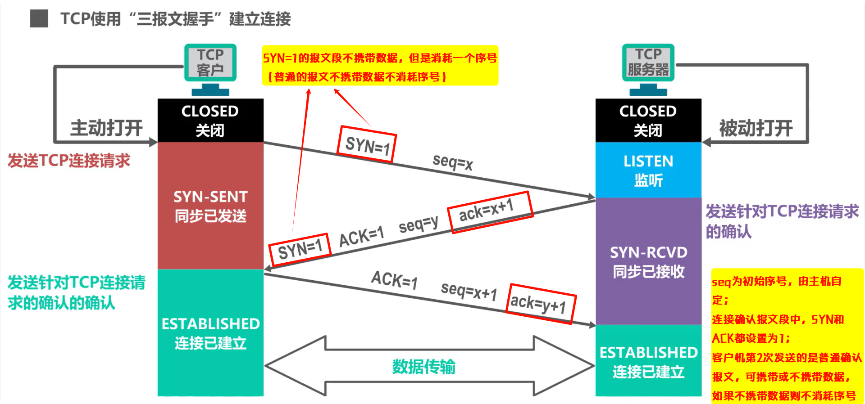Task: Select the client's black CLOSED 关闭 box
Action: pos(210,121)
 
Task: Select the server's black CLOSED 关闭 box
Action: pos(648,121)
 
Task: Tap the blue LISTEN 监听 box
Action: pos(648,170)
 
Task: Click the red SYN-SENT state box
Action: pos(210,206)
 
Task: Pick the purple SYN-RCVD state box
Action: pos(648,261)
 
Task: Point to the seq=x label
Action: pos(452,162)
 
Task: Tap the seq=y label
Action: pos(418,224)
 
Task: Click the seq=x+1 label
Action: pos(469,291)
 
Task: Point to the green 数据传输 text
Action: pos(423,367)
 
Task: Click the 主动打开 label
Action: pos(106,128)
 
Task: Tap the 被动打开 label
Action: pos(756,128)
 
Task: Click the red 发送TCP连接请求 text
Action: pos(69,161)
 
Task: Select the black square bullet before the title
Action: pos(39,18)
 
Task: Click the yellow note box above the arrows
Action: pos(380,66)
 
